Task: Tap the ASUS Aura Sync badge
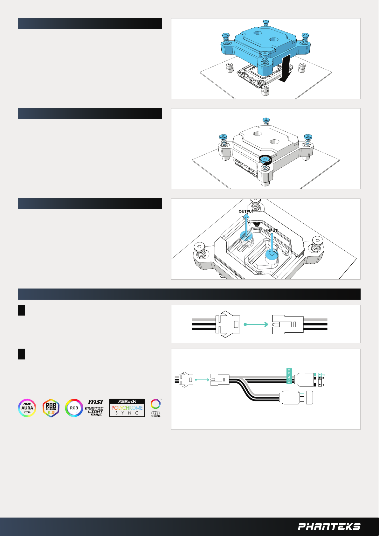(27, 408)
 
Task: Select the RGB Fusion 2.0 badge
(51, 408)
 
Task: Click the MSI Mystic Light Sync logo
(94, 408)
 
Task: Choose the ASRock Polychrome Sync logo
(127, 408)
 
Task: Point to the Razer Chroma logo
(155, 408)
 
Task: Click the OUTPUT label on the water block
(246, 212)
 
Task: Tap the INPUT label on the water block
(272, 231)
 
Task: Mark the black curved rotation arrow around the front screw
(265, 159)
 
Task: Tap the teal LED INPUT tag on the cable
(289, 376)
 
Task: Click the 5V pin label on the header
(324, 375)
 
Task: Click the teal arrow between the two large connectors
(256, 324)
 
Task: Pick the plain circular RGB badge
(74, 408)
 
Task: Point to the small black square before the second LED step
(22, 354)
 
